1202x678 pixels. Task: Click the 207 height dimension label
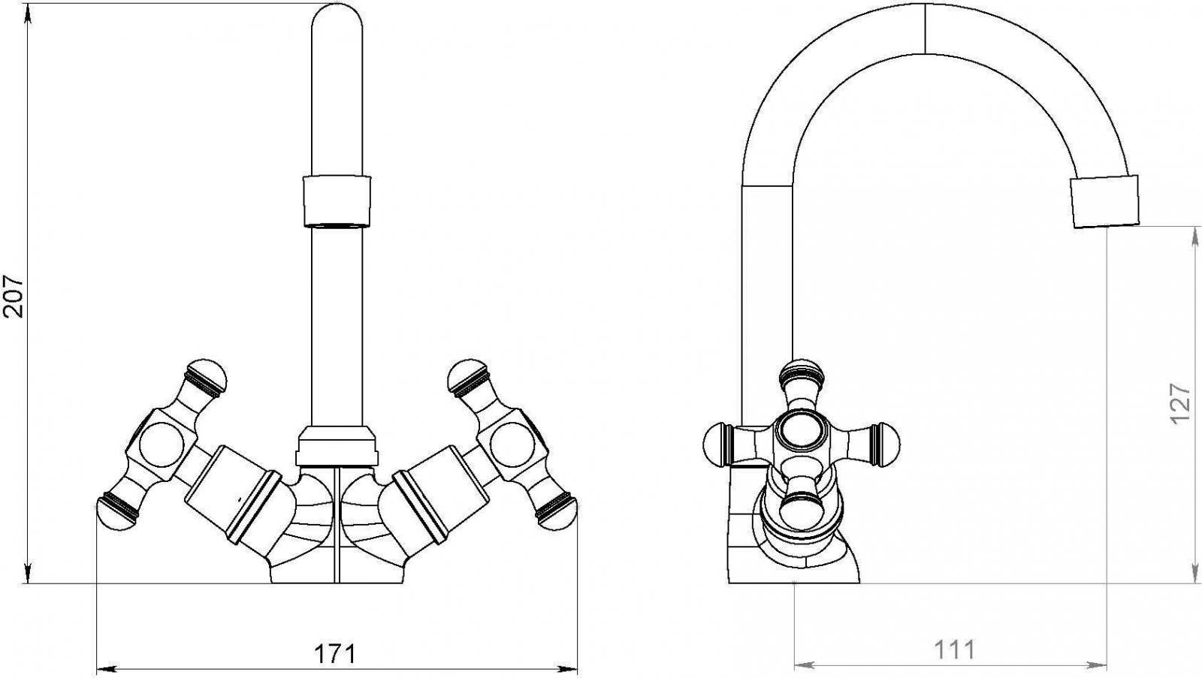pyautogui.click(x=13, y=297)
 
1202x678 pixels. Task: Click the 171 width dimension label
pyautogui.click(x=335, y=654)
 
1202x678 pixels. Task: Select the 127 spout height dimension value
pyautogui.click(x=1180, y=403)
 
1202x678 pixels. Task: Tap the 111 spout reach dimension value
pyautogui.click(x=955, y=650)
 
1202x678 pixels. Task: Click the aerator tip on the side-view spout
pyautogui.click(x=1105, y=202)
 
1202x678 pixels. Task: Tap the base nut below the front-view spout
pyautogui.click(x=337, y=445)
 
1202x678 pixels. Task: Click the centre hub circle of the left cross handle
pyautogui.click(x=162, y=444)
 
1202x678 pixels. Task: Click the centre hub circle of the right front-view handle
pyautogui.click(x=512, y=444)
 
